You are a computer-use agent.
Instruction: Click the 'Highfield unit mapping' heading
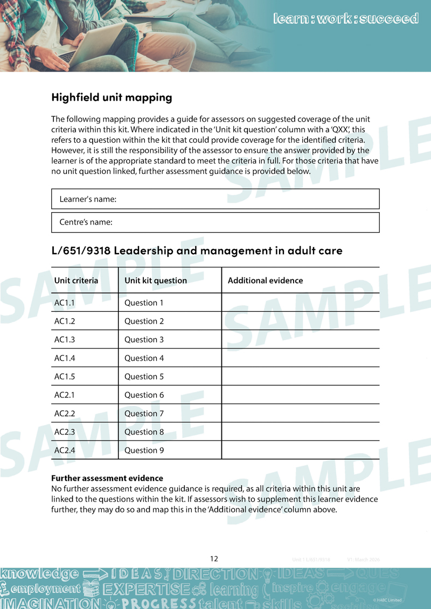pyautogui.click(x=112, y=97)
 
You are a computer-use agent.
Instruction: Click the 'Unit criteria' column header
pyautogui.click(x=76, y=281)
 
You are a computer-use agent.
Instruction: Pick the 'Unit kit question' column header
pyautogui.click(x=156, y=281)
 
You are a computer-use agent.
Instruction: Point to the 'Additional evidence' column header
pyautogui.click(x=265, y=281)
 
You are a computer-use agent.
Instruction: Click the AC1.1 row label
pyautogui.click(x=65, y=303)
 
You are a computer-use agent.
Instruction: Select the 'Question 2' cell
pyautogui.click(x=144, y=321)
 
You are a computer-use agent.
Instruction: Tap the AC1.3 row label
pyautogui.click(x=65, y=340)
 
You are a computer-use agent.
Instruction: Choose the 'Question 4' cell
pyautogui.click(x=144, y=358)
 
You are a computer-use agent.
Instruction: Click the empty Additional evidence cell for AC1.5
pyautogui.click(x=300, y=376)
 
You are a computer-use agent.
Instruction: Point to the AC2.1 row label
pyautogui.click(x=65, y=395)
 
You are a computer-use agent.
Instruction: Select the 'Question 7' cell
pyautogui.click(x=144, y=414)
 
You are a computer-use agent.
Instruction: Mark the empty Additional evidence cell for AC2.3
pyautogui.click(x=300, y=432)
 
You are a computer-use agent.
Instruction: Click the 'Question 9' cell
pyautogui.click(x=144, y=450)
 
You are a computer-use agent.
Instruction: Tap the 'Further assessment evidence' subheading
pyautogui.click(x=107, y=478)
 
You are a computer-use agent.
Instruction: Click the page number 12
pyautogui.click(x=214, y=559)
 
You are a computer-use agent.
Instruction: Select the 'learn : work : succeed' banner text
pyautogui.click(x=345, y=19)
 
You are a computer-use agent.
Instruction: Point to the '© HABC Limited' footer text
pyautogui.click(x=387, y=600)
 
